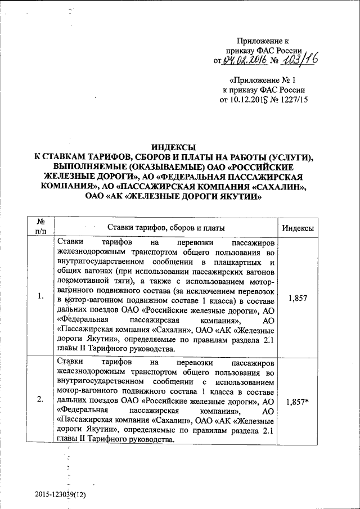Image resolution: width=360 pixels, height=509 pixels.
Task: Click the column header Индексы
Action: pos(297,228)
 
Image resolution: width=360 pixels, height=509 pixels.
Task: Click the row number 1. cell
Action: pos(41,296)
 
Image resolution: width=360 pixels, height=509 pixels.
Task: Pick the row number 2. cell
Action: pos(41,400)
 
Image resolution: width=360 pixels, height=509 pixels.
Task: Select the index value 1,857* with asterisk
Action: pos(298,402)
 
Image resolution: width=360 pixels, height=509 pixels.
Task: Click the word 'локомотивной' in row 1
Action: pos(95,283)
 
